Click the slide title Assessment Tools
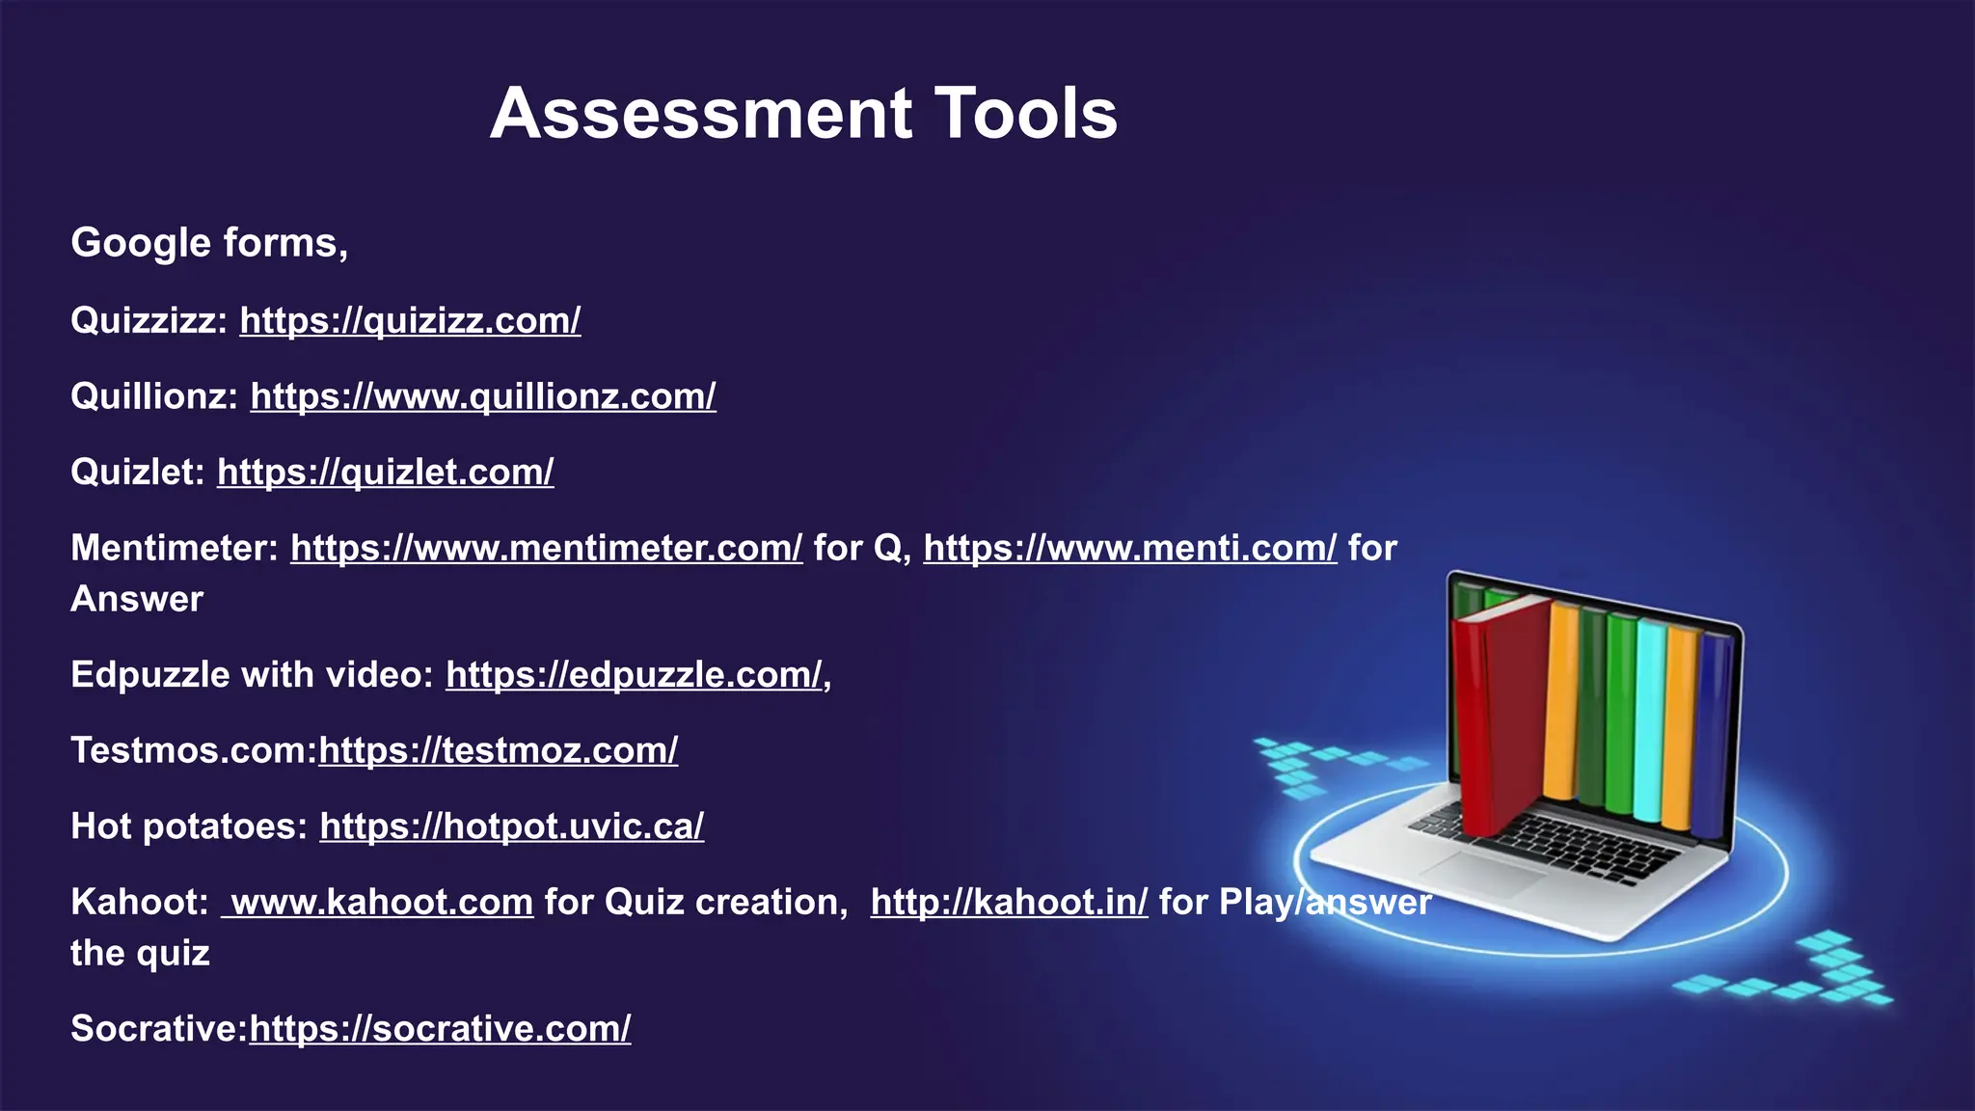803,114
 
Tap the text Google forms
208,243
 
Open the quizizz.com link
410,320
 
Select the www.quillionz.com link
483,396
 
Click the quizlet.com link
385,473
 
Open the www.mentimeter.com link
546,549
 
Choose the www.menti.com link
1129,549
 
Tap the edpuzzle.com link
634,675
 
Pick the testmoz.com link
498,750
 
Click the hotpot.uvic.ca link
511,826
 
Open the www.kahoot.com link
379,903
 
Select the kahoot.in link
1009,903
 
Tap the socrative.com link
440,1029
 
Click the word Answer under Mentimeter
137,600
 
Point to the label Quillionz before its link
153,396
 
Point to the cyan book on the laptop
1650,718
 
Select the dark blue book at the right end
1711,733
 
